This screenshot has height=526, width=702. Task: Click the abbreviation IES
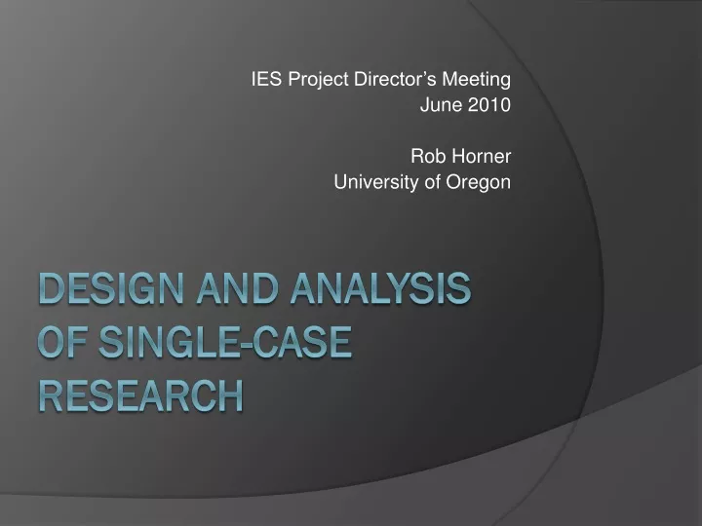pyautogui.click(x=266, y=79)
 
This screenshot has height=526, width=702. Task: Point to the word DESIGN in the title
pyautogui.click(x=111, y=288)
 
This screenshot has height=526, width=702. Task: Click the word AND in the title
pyautogui.click(x=237, y=288)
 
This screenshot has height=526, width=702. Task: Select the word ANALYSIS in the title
pyautogui.click(x=380, y=288)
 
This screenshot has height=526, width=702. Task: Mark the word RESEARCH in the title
pyautogui.click(x=141, y=395)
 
